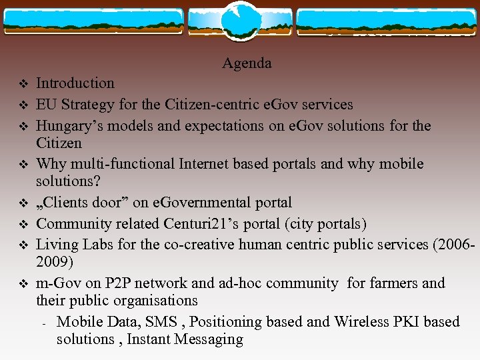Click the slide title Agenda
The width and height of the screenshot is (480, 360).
pos(247,63)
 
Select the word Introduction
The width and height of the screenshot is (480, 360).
pos(75,83)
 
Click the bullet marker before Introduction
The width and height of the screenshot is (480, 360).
pos(21,84)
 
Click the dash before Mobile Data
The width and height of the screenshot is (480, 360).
pos(43,324)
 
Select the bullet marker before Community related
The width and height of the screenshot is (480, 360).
pos(21,224)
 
